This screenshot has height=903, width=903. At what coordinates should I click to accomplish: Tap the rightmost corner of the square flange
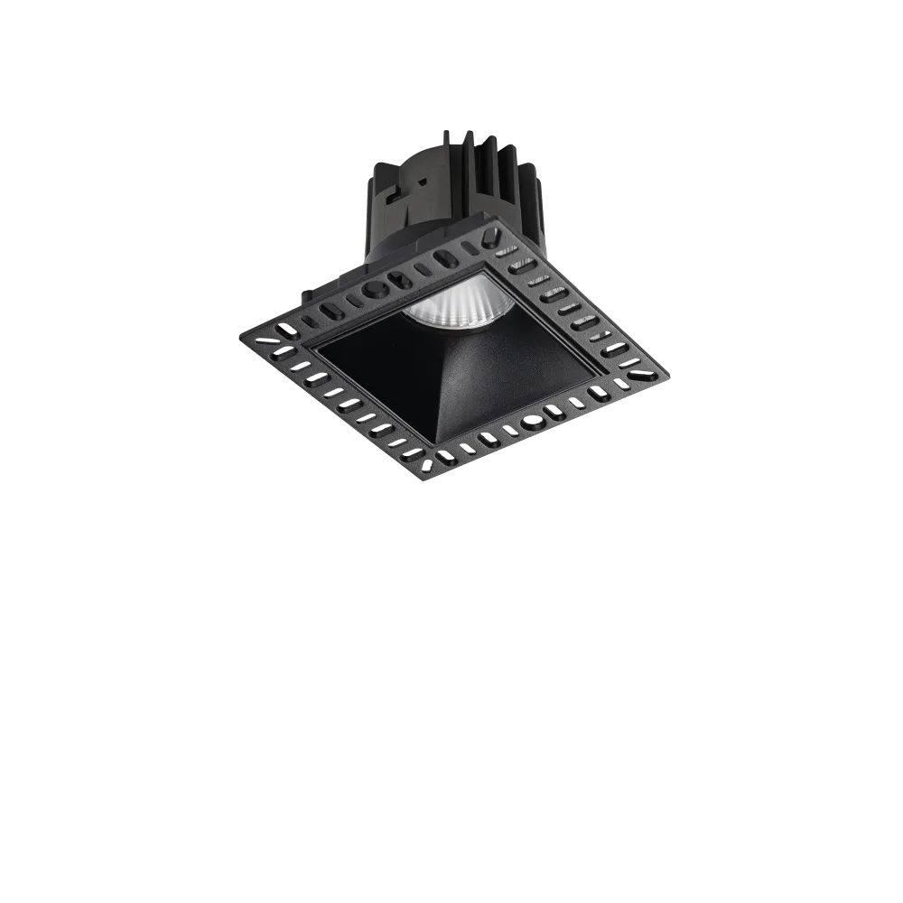668,372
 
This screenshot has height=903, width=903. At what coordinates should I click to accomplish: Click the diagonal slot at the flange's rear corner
489,240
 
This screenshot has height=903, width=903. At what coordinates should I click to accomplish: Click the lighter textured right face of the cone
515,379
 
